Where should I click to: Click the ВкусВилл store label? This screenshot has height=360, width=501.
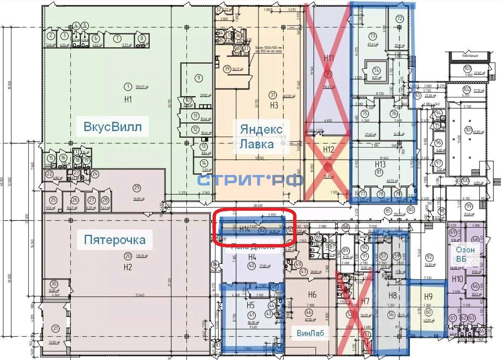[x=113, y=126]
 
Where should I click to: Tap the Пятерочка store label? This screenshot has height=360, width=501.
[x=115, y=240]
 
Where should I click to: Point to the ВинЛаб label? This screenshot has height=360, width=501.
[x=311, y=333]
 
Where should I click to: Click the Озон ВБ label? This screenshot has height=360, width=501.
[x=465, y=254]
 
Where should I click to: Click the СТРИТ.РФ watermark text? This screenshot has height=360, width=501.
[x=250, y=180]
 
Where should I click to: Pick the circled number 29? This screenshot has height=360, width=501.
[x=136, y=188]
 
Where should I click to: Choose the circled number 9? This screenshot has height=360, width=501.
[x=199, y=78]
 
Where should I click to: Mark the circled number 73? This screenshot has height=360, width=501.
[x=372, y=35]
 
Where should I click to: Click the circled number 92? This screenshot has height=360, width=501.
[x=429, y=257]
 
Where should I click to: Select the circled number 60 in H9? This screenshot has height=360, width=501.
[x=428, y=312]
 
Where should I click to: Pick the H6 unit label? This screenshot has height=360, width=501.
[x=312, y=295]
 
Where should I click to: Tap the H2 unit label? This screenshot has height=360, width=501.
[x=128, y=267]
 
